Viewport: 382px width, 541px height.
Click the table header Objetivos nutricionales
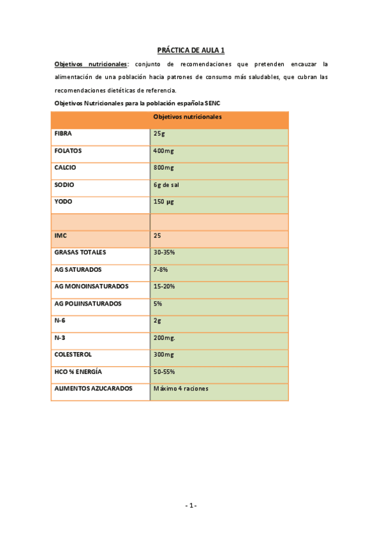187,117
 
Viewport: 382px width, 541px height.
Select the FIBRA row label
63,134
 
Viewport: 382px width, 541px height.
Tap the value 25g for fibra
159,134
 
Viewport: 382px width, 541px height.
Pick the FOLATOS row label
68,151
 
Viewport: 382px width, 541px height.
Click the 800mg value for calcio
163,168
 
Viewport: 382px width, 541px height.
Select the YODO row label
63,202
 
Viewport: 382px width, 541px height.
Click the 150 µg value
164,202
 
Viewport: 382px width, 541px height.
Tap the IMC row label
61,235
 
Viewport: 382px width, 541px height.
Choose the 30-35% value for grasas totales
164,252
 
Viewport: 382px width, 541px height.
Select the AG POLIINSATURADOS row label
88,304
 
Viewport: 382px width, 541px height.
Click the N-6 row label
60,320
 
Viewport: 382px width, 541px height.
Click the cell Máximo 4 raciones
181,388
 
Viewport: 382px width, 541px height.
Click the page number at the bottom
191,506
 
